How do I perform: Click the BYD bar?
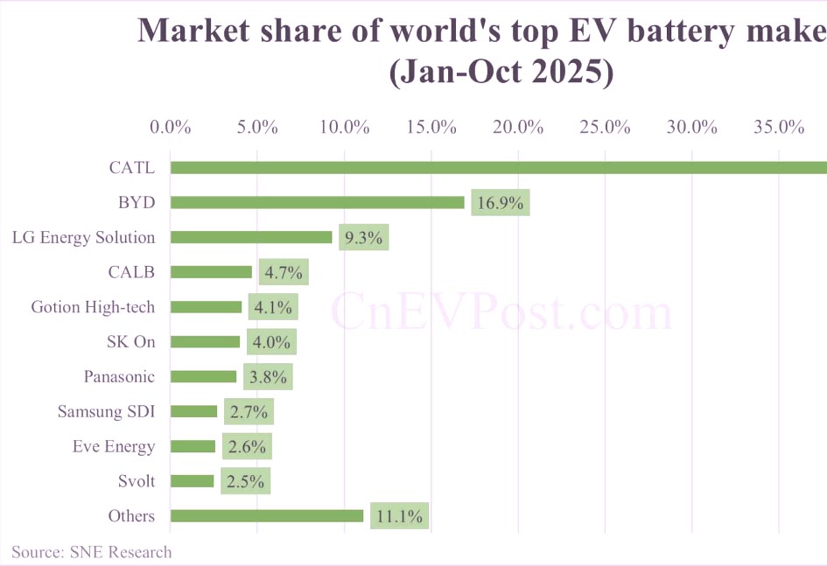tap(317, 202)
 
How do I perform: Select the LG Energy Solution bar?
tap(251, 237)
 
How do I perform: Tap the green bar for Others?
tap(266, 515)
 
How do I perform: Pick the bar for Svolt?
tap(192, 480)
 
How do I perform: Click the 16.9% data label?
tap(501, 203)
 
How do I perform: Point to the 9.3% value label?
tap(364, 238)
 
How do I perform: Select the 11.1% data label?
tap(399, 516)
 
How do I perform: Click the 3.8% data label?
tap(268, 377)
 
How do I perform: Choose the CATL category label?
tap(132, 167)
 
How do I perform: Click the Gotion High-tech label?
tap(93, 307)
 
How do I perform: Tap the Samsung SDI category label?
tap(106, 411)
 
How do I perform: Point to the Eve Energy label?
tap(114, 446)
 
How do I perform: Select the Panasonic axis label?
tap(119, 376)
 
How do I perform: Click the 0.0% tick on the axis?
tap(171, 127)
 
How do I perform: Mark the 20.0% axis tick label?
tap(518, 127)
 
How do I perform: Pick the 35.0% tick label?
tap(779, 127)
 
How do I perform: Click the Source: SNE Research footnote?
tap(92, 551)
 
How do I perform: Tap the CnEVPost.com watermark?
tap(501, 312)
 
